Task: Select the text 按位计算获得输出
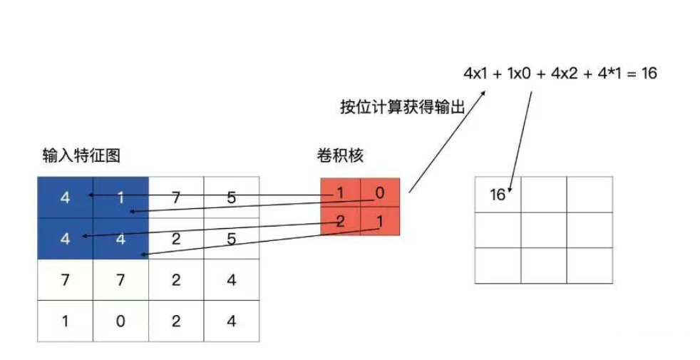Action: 403,108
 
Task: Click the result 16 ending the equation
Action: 648,73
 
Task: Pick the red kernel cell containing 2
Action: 340,221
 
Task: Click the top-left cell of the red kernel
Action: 340,194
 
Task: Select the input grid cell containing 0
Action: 120,322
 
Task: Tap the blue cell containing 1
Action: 120,198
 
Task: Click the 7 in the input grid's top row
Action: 175,198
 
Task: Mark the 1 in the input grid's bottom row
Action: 65,322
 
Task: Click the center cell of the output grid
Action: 544,230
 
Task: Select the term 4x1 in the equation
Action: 475,73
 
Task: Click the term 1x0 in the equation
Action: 518,73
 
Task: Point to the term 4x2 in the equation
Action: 565,73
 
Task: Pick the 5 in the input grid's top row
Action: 231,198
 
